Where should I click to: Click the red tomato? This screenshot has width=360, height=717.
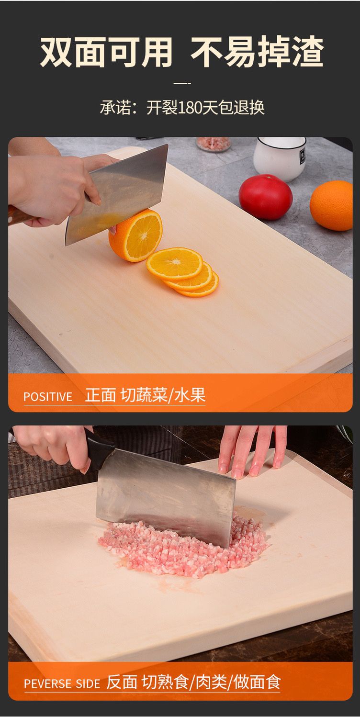point(266,197)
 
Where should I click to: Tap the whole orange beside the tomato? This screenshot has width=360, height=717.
point(331,205)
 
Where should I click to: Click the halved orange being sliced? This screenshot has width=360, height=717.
point(135,235)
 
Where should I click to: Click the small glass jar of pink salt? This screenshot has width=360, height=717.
point(214,144)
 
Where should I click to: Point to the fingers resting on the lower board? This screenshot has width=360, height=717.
point(253,450)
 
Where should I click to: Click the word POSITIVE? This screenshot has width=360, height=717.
point(48,397)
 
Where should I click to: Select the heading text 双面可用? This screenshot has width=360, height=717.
point(106,52)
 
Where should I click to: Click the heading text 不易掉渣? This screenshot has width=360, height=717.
point(257,52)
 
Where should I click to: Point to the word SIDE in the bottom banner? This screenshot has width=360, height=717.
point(88,684)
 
